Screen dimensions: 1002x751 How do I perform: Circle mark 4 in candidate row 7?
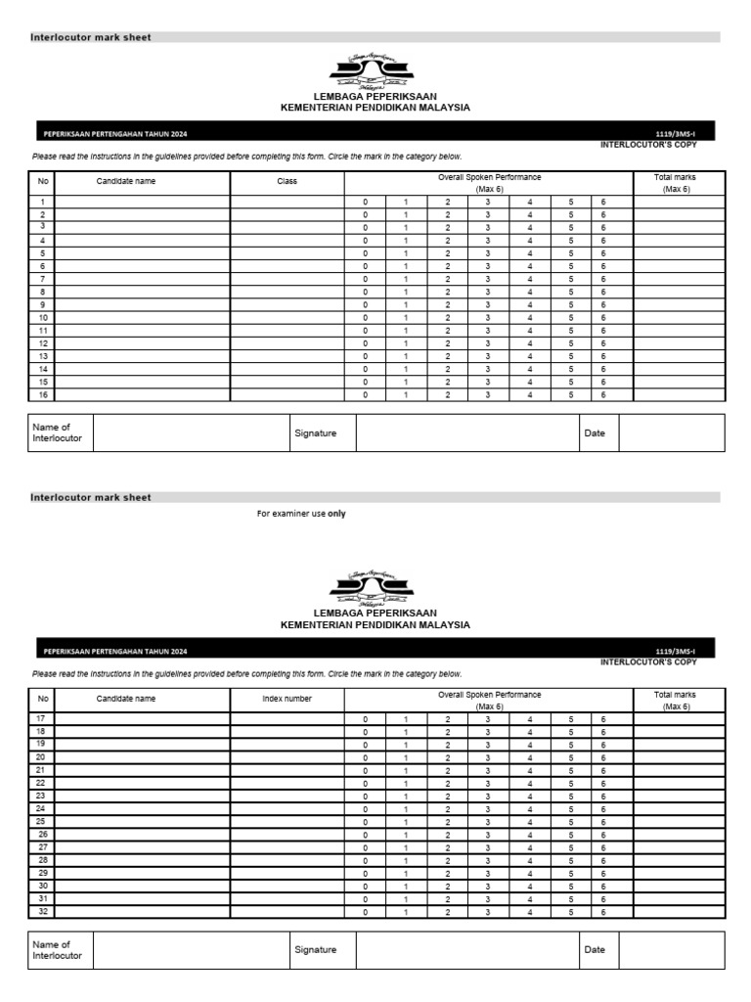click(530, 279)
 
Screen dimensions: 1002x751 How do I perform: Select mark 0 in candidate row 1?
click(366, 202)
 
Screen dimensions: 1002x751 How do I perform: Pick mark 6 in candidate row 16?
click(603, 394)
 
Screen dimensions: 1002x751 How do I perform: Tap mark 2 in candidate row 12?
click(448, 343)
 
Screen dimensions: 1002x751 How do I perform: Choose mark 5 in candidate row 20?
click(571, 757)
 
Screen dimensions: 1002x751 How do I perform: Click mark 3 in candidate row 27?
click(488, 847)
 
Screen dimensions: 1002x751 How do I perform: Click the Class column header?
click(287, 181)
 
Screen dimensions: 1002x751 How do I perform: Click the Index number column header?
click(287, 699)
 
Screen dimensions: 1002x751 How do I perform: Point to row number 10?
click(43, 318)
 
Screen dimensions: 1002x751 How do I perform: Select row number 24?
click(41, 808)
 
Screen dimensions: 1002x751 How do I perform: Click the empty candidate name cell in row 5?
click(143, 252)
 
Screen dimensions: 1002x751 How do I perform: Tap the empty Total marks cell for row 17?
click(678, 718)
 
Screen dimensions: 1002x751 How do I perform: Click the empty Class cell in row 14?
click(287, 369)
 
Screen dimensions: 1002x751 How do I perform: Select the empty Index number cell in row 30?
click(287, 886)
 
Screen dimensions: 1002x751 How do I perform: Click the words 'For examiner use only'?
click(301, 514)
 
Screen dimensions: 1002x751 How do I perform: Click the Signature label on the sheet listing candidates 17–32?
click(315, 949)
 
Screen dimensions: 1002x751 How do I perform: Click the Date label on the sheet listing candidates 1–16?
click(595, 433)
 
